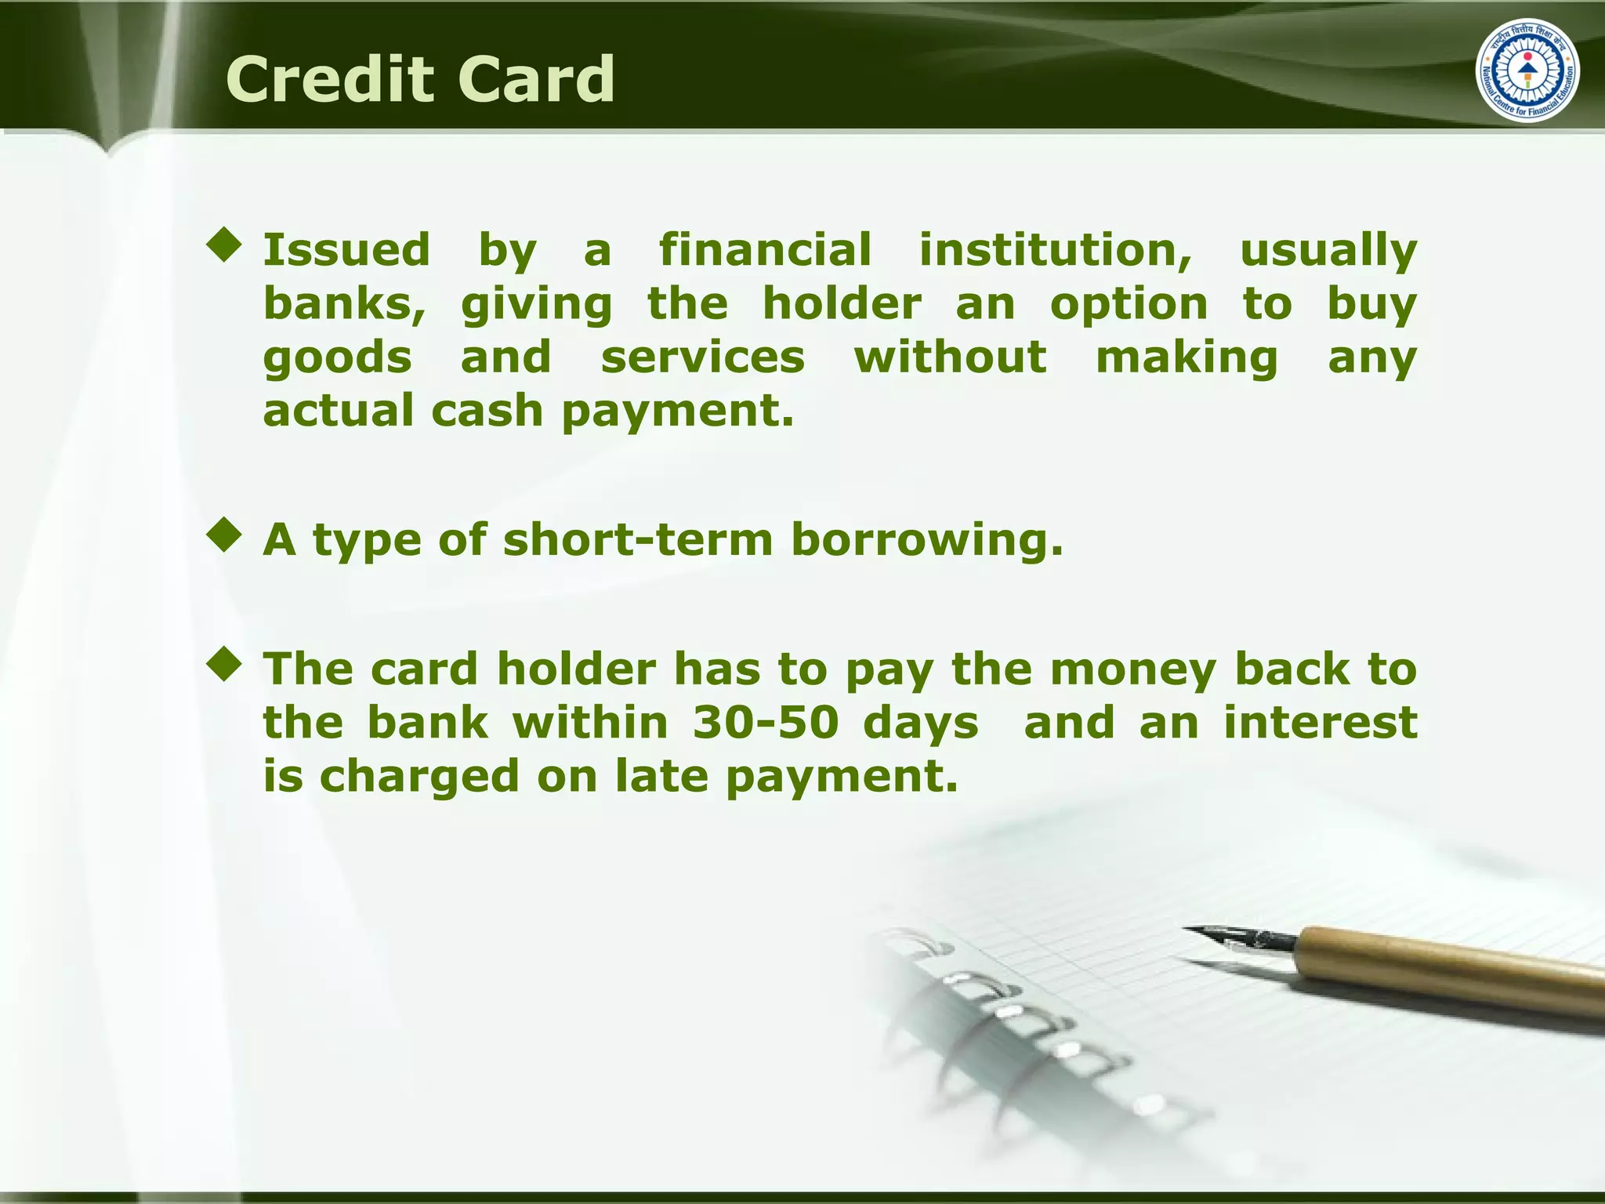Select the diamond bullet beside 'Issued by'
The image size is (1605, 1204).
(225, 245)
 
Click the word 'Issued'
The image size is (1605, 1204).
(346, 250)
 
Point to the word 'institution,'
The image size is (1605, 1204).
(1055, 250)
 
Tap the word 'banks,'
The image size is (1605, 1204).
(344, 304)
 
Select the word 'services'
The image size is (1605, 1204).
(702, 357)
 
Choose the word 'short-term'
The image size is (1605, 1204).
(638, 540)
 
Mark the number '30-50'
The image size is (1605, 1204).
(766, 722)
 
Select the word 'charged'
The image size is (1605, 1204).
(419, 777)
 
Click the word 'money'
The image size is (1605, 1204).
(1132, 670)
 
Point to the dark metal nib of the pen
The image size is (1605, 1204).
(1238, 937)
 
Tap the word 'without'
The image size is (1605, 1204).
(950, 357)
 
